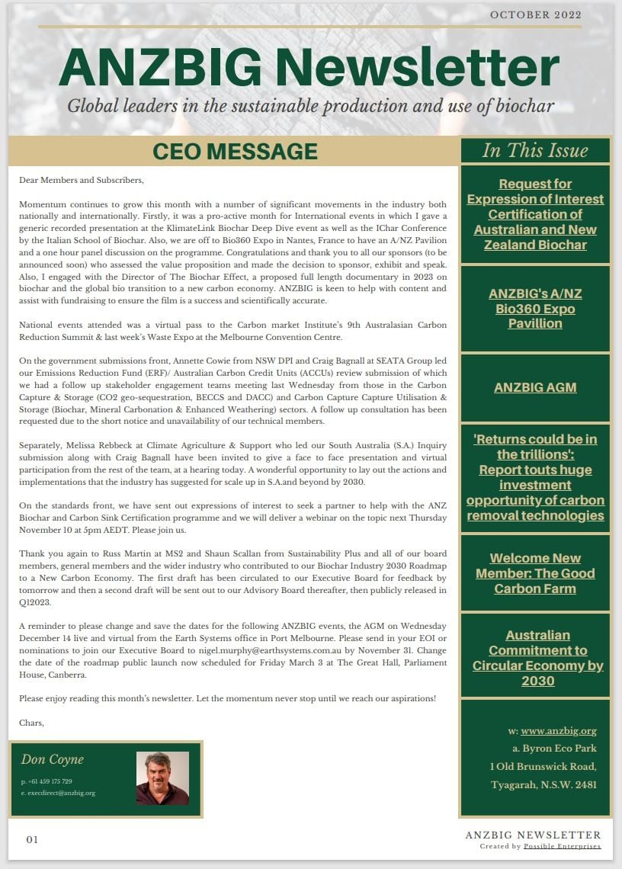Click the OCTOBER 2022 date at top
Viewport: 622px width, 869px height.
(x=535, y=14)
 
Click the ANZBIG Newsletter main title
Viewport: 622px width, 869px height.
(x=309, y=68)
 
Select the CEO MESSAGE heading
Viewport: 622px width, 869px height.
(x=235, y=151)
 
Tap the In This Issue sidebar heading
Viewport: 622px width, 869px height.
(x=535, y=150)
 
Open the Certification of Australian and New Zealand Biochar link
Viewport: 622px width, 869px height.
(x=535, y=214)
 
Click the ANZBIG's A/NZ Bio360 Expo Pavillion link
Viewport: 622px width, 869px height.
(x=535, y=309)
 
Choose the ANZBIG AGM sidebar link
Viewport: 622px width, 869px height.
(x=535, y=387)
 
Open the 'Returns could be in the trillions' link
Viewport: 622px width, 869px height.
(x=535, y=477)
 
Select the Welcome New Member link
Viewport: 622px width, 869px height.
(x=535, y=573)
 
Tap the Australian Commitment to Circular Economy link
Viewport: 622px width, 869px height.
(x=537, y=658)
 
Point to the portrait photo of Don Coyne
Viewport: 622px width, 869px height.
(x=162, y=778)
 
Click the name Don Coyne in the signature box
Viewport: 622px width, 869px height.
(x=52, y=759)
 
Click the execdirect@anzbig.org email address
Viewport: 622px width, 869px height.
(x=61, y=793)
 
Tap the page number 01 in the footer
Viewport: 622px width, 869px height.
(x=32, y=840)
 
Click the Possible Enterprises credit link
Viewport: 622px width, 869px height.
(x=562, y=846)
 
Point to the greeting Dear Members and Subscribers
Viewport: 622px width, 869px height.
(x=82, y=181)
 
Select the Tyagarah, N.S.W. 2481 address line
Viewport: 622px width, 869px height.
(x=543, y=784)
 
